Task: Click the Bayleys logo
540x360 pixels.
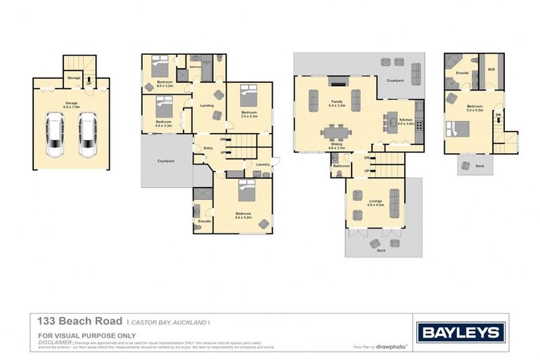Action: click(x=461, y=332)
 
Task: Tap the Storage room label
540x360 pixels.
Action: click(x=74, y=77)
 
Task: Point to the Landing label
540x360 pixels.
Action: click(x=207, y=105)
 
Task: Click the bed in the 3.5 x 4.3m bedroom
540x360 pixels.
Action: click(x=250, y=95)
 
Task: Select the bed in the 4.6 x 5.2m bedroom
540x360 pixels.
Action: click(x=247, y=190)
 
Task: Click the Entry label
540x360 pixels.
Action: click(x=208, y=148)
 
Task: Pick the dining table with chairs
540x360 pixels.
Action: click(x=335, y=131)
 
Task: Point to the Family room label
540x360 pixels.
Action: click(x=337, y=103)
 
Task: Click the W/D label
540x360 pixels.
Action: click(x=491, y=69)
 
